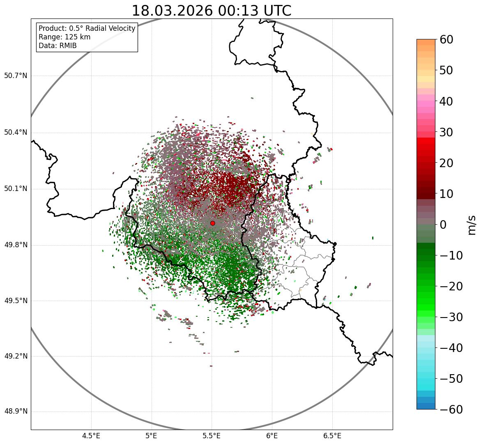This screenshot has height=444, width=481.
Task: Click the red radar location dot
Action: [212, 223]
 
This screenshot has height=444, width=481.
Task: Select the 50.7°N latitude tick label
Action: [15, 76]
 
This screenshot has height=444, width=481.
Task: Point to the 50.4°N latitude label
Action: [15, 133]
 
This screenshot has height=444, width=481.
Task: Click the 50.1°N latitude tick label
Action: [15, 189]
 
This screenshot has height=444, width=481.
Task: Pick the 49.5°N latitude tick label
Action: [15, 301]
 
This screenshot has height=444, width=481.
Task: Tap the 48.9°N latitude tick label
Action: [15, 412]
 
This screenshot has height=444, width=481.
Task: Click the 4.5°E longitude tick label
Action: [91, 436]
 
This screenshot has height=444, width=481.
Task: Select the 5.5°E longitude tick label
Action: [212, 436]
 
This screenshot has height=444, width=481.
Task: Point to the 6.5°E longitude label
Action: [332, 436]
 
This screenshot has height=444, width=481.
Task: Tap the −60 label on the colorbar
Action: [449, 409]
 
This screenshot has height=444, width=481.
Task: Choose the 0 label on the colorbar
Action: [443, 225]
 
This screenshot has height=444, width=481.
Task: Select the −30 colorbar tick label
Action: [449, 317]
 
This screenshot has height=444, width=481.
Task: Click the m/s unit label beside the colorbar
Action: [472, 225]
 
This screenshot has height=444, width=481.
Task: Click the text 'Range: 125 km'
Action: [64, 37]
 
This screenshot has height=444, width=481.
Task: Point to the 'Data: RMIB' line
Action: [58, 46]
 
